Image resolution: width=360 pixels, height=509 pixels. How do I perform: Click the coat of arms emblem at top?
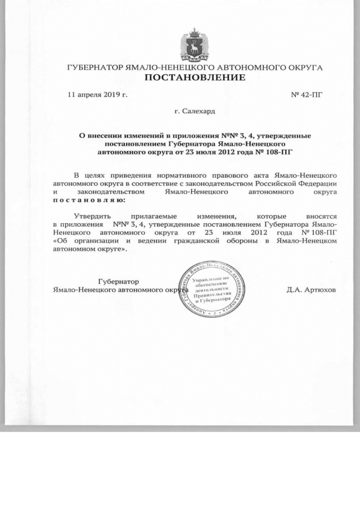coord(195,43)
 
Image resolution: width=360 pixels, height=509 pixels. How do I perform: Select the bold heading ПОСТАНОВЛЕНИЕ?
coord(195,77)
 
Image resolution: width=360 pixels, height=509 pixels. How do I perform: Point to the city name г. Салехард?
coord(195,112)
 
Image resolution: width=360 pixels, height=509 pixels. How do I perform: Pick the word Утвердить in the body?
coord(93,216)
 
